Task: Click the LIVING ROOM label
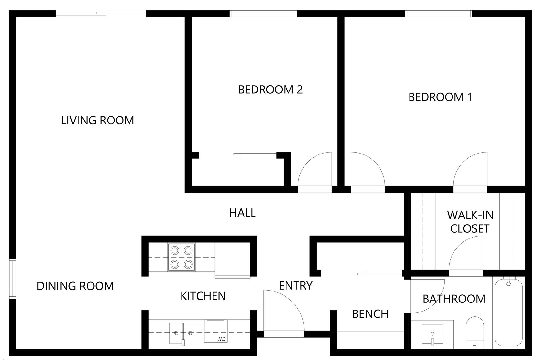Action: point(98,121)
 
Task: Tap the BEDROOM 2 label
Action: point(270,90)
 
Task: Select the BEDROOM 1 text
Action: point(441,97)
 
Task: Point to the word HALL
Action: point(243,213)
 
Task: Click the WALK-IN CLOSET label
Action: point(470,222)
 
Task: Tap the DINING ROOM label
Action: point(75,286)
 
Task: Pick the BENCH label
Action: point(370,314)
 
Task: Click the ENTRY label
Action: point(296,286)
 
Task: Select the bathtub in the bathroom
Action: point(509,312)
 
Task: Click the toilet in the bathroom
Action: point(475,333)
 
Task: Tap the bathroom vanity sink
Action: point(432,334)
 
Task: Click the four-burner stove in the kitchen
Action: point(182,257)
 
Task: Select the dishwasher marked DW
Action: point(216,331)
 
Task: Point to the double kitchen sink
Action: point(183,333)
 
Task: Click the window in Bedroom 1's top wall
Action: point(439,14)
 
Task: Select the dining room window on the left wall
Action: point(13,279)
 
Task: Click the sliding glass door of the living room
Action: point(101,14)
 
